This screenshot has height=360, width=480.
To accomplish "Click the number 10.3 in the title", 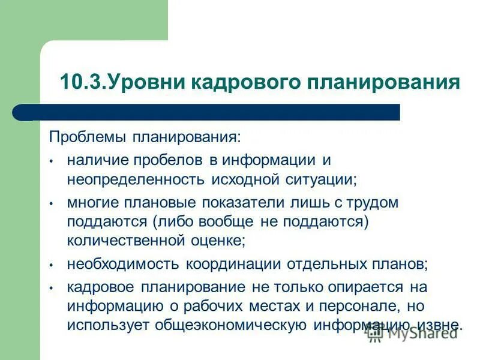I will (82, 82).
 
